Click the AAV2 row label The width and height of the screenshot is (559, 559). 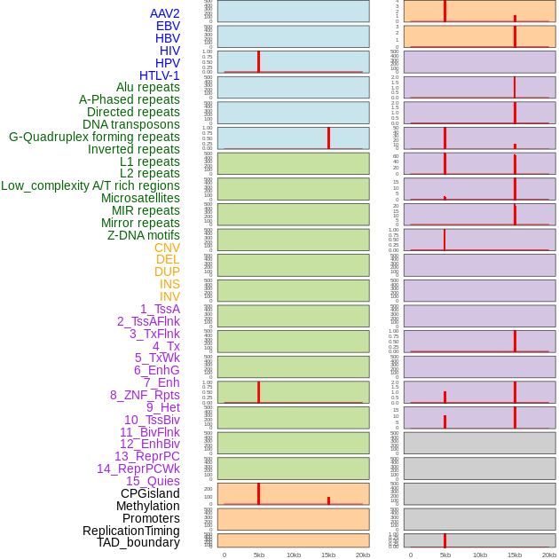(x=164, y=13)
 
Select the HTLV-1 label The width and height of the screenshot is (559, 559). (x=159, y=75)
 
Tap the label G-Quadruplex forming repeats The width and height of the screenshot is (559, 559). (x=94, y=137)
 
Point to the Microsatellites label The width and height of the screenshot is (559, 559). (x=140, y=198)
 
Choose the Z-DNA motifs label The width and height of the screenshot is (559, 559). (x=144, y=235)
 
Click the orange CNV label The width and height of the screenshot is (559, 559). (x=167, y=248)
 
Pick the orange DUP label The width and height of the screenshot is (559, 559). (x=167, y=272)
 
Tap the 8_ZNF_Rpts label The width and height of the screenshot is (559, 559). (x=145, y=395)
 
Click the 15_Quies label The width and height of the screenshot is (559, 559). (x=153, y=481)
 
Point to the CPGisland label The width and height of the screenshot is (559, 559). (x=150, y=493)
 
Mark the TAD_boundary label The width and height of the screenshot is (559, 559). (x=138, y=542)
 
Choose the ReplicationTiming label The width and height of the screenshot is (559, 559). (x=131, y=531)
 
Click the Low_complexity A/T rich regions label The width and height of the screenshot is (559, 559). (x=91, y=185)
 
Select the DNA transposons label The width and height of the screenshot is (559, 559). (x=131, y=124)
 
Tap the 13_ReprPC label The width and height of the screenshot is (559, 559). (x=146, y=456)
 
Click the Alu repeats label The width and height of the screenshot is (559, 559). (x=148, y=87)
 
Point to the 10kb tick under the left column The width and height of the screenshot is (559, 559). (x=294, y=555)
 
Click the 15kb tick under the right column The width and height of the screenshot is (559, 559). (x=515, y=555)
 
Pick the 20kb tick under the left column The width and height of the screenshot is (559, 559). (x=363, y=555)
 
